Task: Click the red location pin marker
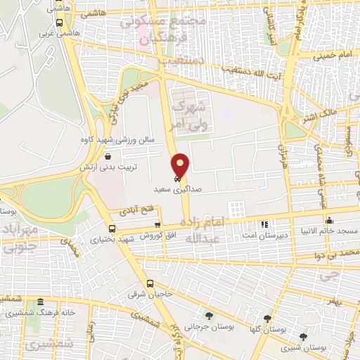click(181, 165)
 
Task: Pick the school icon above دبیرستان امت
click(264, 225)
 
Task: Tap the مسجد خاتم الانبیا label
click(328, 231)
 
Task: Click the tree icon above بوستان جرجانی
click(208, 314)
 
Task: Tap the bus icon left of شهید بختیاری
click(112, 229)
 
